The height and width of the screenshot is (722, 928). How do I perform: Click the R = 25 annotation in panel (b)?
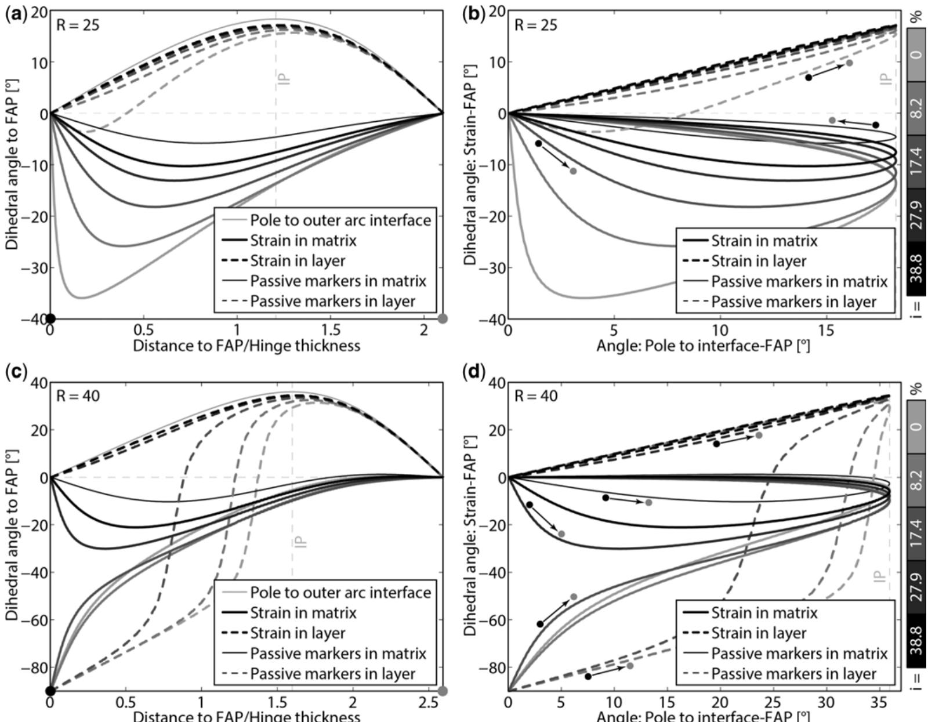point(536,25)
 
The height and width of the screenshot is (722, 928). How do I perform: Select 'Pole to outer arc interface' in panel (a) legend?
point(340,220)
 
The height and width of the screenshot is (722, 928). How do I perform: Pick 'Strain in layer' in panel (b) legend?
point(759,261)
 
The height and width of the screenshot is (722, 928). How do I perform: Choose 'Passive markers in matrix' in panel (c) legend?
point(338,654)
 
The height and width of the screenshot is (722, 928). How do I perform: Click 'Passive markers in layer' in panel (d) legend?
point(793,673)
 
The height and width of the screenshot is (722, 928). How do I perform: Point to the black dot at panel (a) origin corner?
point(50,318)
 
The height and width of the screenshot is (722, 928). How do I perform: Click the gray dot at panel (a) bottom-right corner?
point(443,318)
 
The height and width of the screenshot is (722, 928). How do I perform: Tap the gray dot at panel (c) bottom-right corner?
point(443,691)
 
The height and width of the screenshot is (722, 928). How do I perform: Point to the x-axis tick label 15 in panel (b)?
point(826,330)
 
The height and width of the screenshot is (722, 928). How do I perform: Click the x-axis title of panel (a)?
point(246,346)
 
